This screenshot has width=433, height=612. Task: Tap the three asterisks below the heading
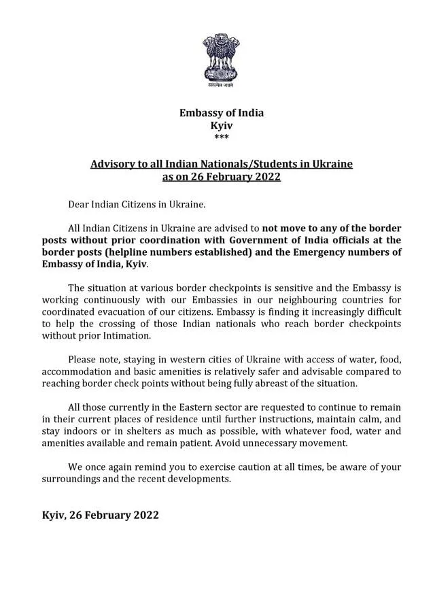tap(221, 137)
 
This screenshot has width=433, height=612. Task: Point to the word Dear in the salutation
tap(80, 203)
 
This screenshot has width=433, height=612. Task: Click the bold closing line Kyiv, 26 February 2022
tap(101, 515)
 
